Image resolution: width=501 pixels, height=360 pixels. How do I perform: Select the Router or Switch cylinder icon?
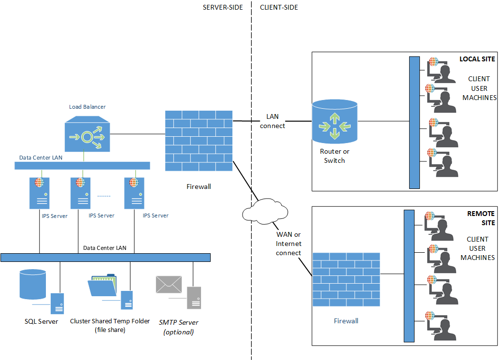coord(334,122)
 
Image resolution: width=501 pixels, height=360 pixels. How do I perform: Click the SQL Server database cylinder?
coord(33,285)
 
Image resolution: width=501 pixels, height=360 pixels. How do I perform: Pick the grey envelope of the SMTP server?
coord(169,285)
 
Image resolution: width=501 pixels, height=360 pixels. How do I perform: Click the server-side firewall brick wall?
coord(199,141)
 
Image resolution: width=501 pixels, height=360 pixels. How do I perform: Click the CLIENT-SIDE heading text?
coord(279,7)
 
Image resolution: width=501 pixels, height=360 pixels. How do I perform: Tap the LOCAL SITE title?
coord(477,59)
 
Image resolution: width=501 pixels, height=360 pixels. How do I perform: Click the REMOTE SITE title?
coord(481,218)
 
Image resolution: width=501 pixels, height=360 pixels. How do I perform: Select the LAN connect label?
coord(272,121)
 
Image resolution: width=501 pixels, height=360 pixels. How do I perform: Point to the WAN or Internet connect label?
coord(288,244)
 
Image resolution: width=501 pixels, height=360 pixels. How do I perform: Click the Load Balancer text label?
coord(87,106)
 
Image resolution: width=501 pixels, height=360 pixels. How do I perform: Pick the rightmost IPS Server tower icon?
coord(134,193)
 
